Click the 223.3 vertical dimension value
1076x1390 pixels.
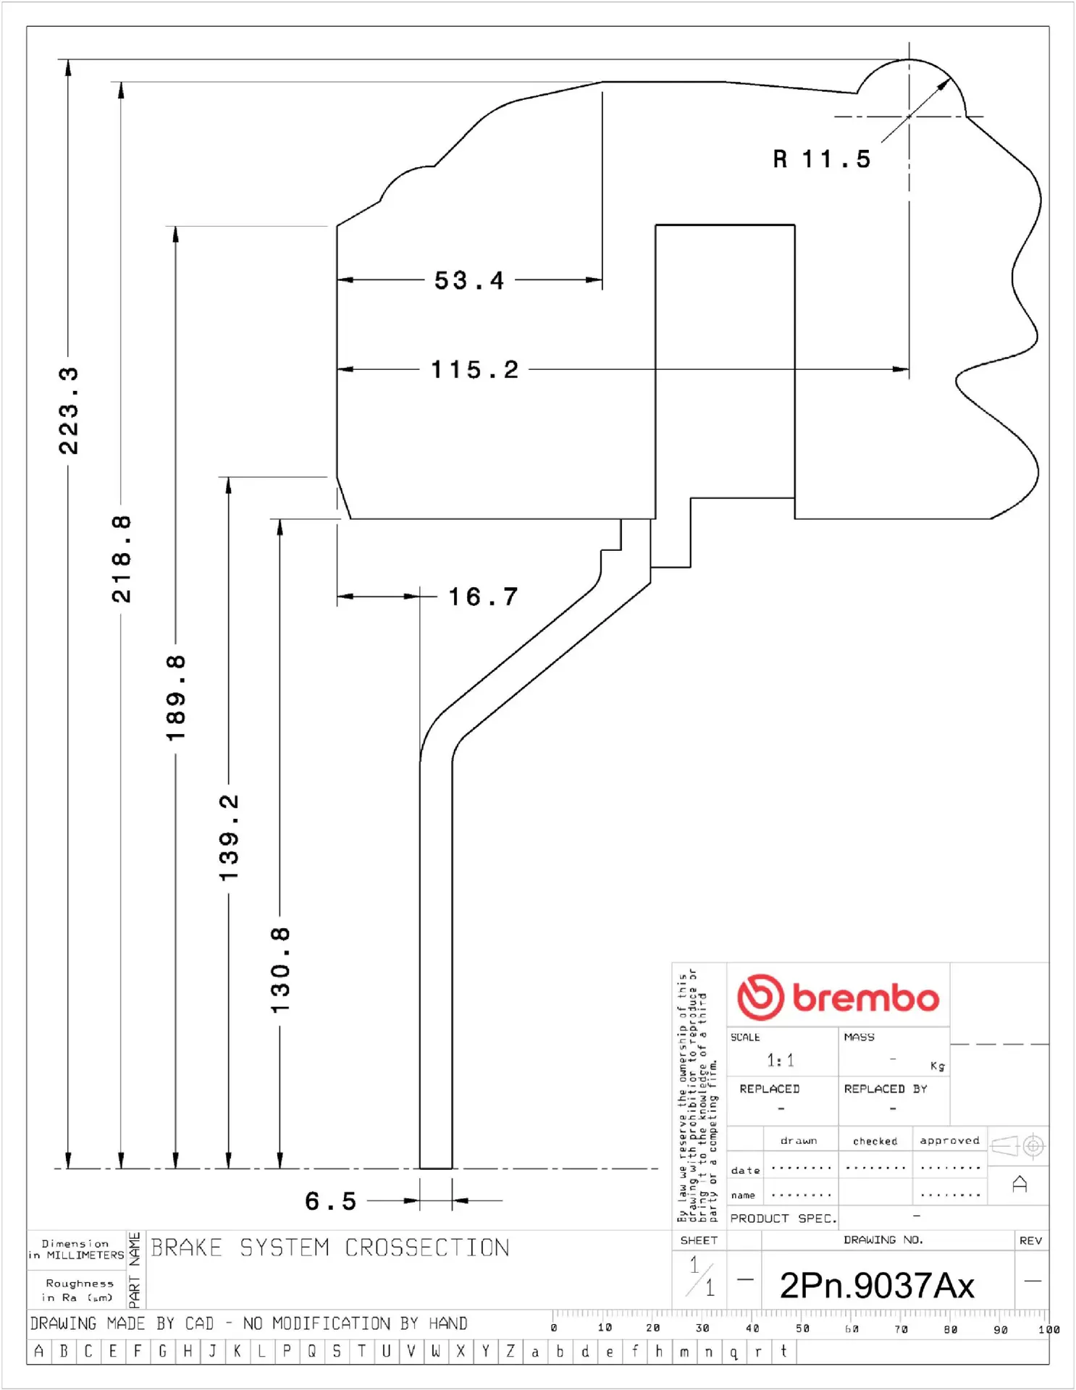point(69,410)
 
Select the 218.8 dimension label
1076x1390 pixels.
point(122,559)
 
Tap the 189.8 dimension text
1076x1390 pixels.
point(176,698)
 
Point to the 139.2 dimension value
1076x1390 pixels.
point(229,838)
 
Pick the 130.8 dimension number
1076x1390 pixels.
point(280,970)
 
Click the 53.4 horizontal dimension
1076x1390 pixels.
point(469,280)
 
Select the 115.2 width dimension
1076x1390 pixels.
point(475,370)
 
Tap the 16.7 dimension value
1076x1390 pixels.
point(483,597)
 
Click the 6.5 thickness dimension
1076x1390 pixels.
point(331,1201)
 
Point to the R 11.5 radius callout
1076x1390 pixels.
point(822,159)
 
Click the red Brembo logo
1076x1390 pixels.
point(838,997)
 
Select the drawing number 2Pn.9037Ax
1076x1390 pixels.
point(877,1286)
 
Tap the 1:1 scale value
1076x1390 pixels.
point(781,1061)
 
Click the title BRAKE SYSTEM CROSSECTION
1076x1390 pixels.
point(330,1247)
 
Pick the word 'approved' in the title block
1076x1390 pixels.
point(949,1140)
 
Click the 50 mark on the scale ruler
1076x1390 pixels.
point(802,1328)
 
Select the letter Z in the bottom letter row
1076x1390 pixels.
point(510,1351)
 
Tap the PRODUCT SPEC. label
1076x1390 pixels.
point(783,1218)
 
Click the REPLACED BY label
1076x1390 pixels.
point(885,1089)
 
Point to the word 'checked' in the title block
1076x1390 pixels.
point(875,1141)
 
